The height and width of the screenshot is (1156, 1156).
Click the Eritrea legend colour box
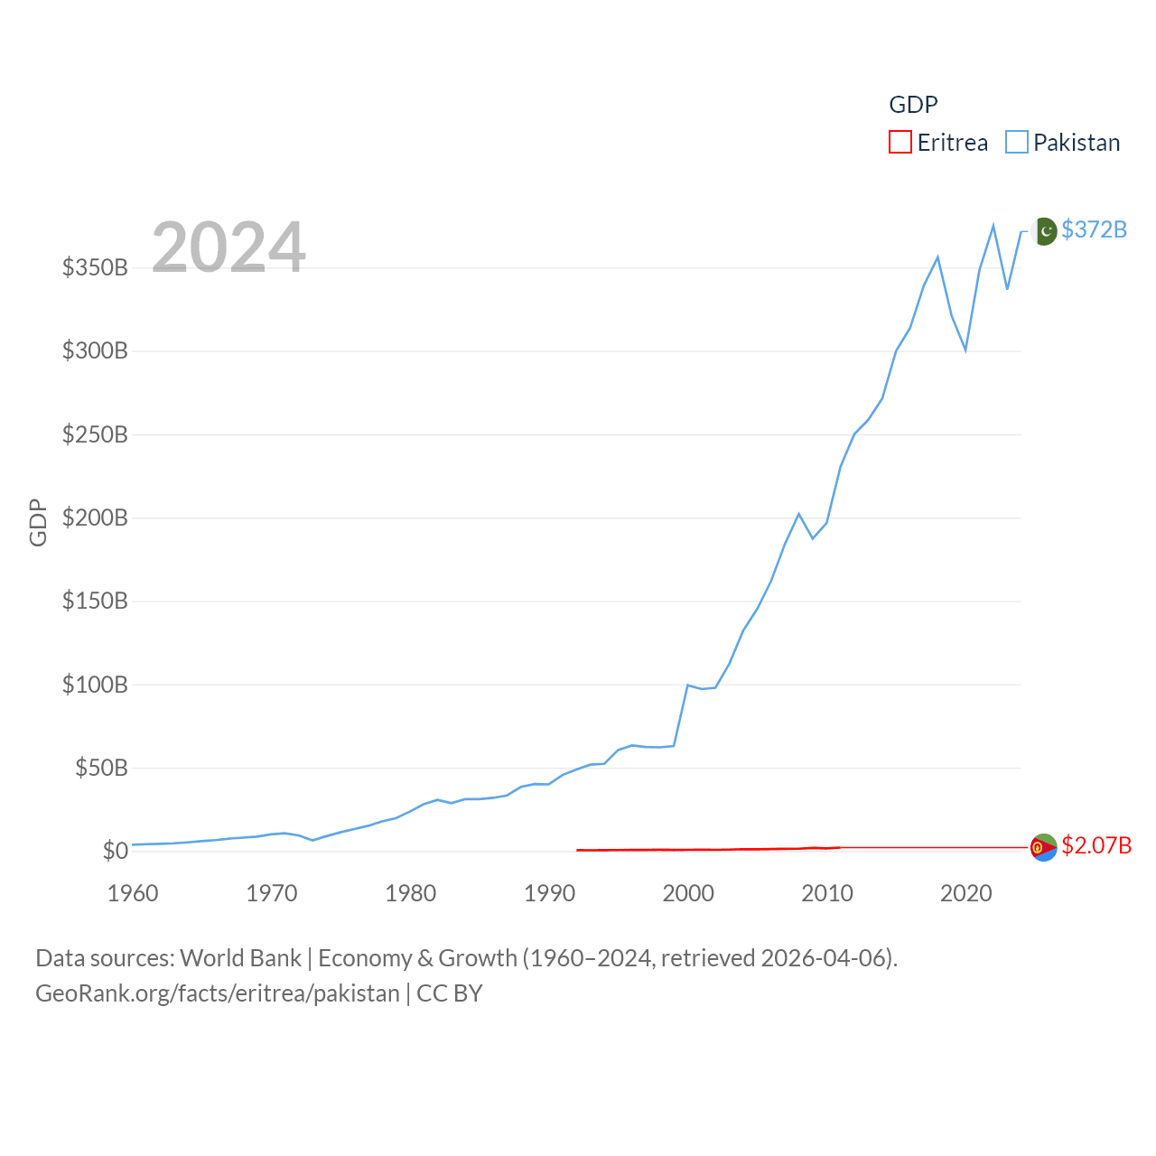coord(900,143)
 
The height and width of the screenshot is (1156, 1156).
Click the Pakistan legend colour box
coord(1017,143)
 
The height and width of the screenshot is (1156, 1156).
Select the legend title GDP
coord(913,105)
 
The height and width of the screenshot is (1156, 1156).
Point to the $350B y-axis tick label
coord(95,267)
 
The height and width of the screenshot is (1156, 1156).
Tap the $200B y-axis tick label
coord(95,517)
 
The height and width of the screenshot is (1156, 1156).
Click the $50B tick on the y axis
coord(101,768)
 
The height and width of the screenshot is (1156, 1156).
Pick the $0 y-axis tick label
coord(115,851)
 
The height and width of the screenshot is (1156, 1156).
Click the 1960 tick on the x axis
coord(133,893)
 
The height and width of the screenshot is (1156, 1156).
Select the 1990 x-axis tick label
coord(549,893)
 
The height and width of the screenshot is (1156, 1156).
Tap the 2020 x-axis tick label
coord(965,893)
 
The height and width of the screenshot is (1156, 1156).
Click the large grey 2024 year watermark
coord(228,247)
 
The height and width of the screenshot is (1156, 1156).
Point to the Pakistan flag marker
coord(1044,231)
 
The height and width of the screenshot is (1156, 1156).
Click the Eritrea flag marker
coord(1044,847)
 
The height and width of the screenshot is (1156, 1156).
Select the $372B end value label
coord(1094,229)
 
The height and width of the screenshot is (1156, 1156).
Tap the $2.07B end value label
coord(1096,845)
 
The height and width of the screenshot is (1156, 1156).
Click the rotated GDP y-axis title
coord(38,522)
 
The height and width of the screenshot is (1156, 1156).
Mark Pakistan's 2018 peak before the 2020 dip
coord(937,257)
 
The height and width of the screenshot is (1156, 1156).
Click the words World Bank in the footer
coord(240,957)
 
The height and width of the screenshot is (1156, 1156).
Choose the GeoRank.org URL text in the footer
coord(217,993)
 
